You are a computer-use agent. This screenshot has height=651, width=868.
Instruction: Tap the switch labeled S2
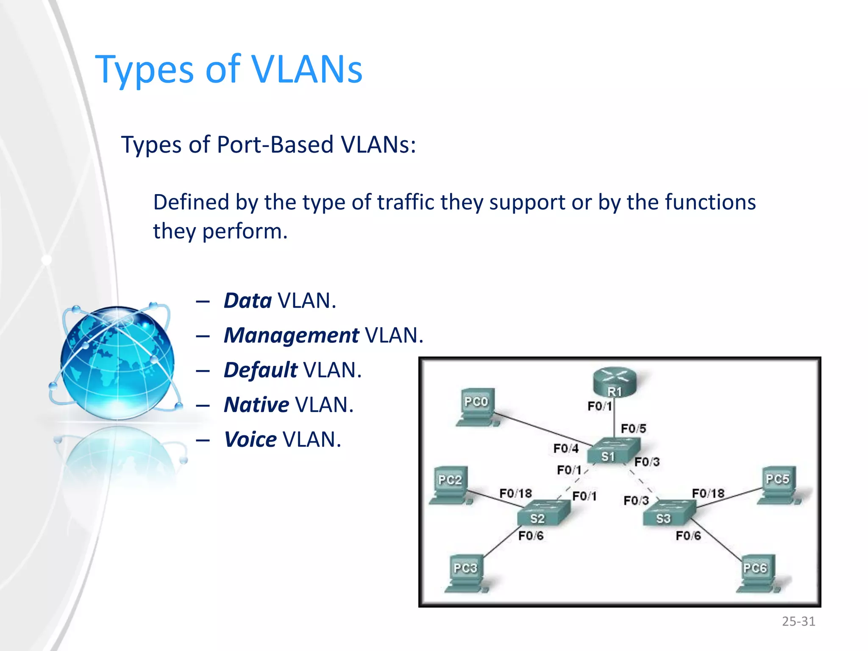point(543,513)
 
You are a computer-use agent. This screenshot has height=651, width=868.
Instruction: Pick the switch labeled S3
point(669,513)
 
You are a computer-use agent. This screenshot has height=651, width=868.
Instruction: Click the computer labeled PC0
point(477,407)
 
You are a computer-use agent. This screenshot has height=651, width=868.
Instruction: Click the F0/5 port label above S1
point(633,428)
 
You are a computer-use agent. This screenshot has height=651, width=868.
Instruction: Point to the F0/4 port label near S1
point(566,448)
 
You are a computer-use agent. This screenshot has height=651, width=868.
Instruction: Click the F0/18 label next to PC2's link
point(515,493)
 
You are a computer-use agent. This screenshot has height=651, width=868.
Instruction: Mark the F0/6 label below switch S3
point(688,536)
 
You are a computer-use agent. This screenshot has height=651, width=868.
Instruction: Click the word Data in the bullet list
point(248,301)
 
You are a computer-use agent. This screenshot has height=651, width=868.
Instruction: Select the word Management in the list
point(291,336)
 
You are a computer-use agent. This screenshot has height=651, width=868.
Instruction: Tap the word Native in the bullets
point(256,405)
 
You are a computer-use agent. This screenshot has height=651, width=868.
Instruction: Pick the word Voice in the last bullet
point(250,440)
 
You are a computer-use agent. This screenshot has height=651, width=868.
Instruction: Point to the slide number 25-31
point(798,621)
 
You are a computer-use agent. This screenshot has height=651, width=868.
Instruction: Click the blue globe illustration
point(117,362)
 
